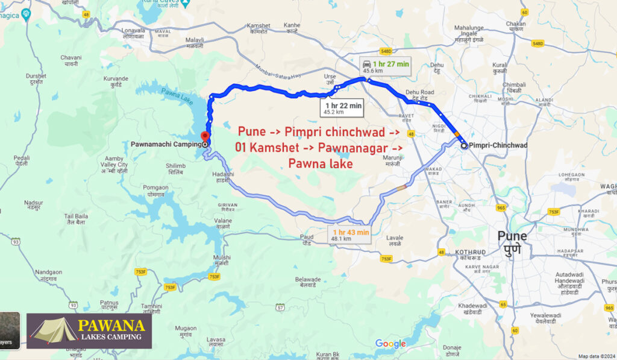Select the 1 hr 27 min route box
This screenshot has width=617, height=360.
click(386, 66)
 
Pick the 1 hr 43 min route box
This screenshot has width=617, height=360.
click(349, 235)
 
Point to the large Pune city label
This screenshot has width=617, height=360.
click(512, 241)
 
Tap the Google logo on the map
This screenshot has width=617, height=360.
click(390, 344)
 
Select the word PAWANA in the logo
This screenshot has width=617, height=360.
click(111, 326)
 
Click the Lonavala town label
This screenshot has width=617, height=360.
click(134, 33)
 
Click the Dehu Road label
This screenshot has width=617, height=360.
click(420, 94)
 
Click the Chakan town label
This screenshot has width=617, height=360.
click(516, 25)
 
